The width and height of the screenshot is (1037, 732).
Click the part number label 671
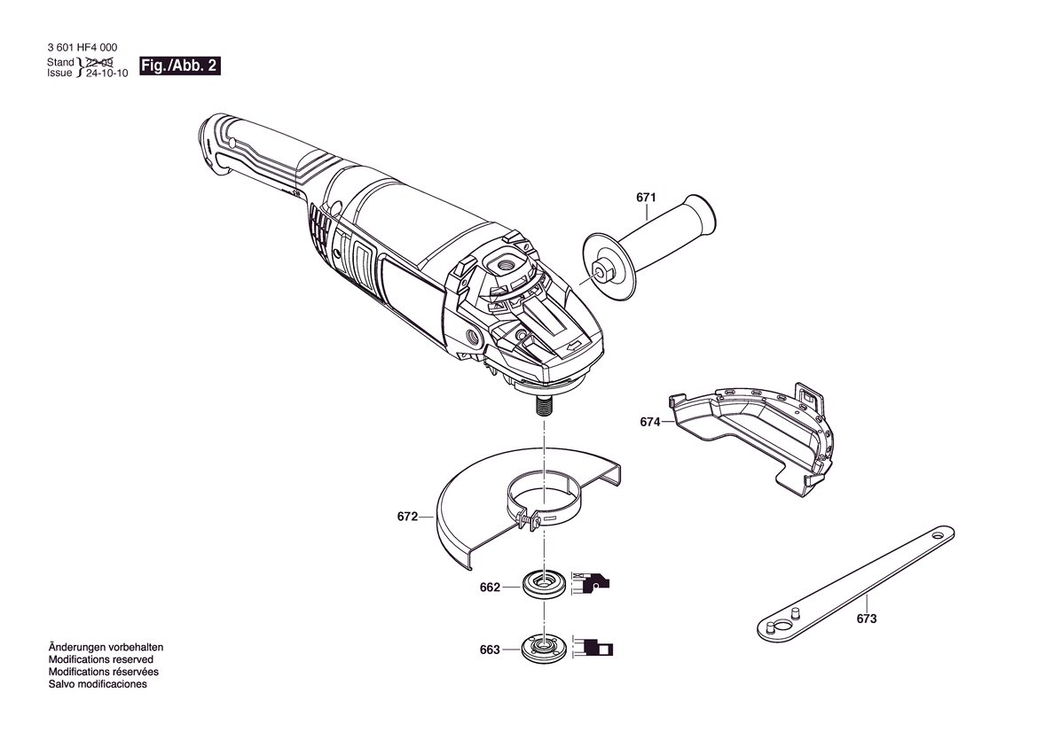646,198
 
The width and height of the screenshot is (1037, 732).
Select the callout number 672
407,517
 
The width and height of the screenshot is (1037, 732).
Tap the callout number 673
867,619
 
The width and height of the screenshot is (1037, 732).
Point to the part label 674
650,422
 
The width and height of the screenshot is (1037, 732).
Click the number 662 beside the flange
490,587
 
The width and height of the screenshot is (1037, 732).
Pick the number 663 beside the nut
490,650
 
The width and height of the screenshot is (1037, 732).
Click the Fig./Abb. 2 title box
179,66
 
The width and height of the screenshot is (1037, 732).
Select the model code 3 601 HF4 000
82,48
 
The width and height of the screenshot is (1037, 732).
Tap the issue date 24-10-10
107,74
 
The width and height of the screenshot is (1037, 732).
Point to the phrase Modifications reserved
100,659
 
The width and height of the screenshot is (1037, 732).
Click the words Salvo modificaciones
98,684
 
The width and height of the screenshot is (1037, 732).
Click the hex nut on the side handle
604,269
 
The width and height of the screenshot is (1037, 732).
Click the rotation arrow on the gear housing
573,345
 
